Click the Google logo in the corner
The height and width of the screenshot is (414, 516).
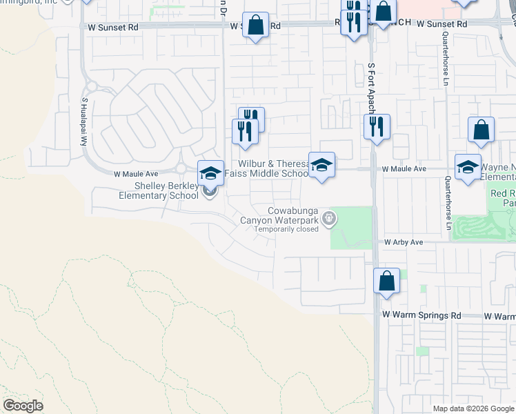tap(23, 406)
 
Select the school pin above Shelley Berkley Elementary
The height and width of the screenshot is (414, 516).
tap(210, 172)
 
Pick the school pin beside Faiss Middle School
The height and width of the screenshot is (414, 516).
tap(321, 165)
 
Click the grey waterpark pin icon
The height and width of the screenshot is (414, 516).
tap(330, 219)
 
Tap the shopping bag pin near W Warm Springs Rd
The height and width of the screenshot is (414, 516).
tap(386, 281)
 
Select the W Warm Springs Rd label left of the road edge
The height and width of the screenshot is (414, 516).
tap(421, 315)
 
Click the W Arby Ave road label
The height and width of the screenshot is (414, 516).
tap(404, 243)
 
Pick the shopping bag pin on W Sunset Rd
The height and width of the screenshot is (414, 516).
tap(256, 26)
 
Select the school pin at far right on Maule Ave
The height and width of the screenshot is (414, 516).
tap(468, 166)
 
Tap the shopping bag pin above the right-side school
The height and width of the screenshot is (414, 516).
tap(481, 130)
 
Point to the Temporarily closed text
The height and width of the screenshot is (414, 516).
tap(286, 229)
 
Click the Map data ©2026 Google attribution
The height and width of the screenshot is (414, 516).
tap(474, 408)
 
